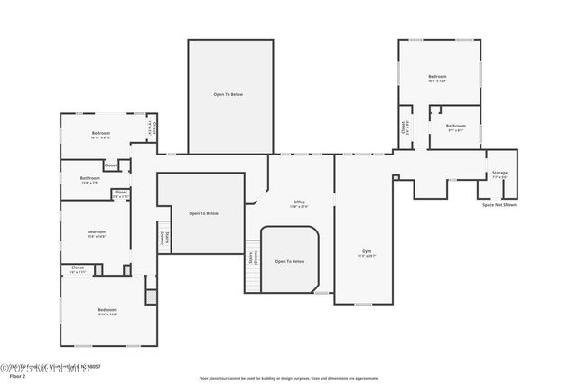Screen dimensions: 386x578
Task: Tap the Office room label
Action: [299, 202]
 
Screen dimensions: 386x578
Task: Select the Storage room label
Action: [499, 173]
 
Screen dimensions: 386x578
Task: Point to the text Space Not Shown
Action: [499, 205]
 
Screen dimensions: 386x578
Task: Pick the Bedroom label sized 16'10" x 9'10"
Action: [100, 134]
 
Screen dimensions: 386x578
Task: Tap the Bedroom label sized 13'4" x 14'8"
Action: [97, 232]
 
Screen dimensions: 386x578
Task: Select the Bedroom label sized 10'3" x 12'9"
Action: [437, 77]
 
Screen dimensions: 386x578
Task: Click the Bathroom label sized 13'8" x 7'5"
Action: [89, 178]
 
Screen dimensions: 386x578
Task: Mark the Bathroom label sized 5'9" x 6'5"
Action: [455, 126]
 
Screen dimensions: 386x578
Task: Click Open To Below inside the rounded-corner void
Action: [290, 261]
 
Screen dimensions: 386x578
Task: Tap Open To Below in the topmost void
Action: [228, 94]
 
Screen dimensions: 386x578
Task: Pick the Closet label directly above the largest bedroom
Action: [78, 268]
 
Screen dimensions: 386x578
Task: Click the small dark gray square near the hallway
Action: [151, 297]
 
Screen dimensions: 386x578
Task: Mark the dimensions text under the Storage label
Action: [499, 177]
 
